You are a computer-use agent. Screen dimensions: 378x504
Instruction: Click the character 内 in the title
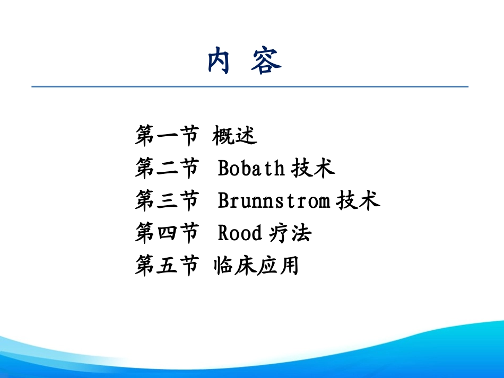click(219, 61)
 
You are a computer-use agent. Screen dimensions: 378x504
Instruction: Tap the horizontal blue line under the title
click(249, 86)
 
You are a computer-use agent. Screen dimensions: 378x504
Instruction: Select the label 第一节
click(167, 136)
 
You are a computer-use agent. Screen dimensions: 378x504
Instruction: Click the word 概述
click(234, 136)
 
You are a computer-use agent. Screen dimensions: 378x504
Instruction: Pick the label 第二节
click(167, 169)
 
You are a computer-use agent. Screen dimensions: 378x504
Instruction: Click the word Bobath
click(251, 169)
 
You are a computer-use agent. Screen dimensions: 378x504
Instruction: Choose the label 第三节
click(167, 201)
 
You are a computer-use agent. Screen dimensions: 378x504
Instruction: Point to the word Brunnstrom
click(274, 201)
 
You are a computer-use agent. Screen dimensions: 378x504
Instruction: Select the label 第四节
click(167, 233)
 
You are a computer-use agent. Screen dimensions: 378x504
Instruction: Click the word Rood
click(240, 233)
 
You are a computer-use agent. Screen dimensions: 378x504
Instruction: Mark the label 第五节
click(167, 266)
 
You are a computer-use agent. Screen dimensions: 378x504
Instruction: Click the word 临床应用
click(256, 266)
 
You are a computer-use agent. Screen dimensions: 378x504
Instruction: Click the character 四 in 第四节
click(167, 233)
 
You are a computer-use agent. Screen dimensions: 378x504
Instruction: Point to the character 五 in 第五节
click(167, 266)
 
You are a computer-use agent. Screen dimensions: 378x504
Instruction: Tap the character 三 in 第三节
click(167, 201)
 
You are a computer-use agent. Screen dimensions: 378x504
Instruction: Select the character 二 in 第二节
click(167, 169)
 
